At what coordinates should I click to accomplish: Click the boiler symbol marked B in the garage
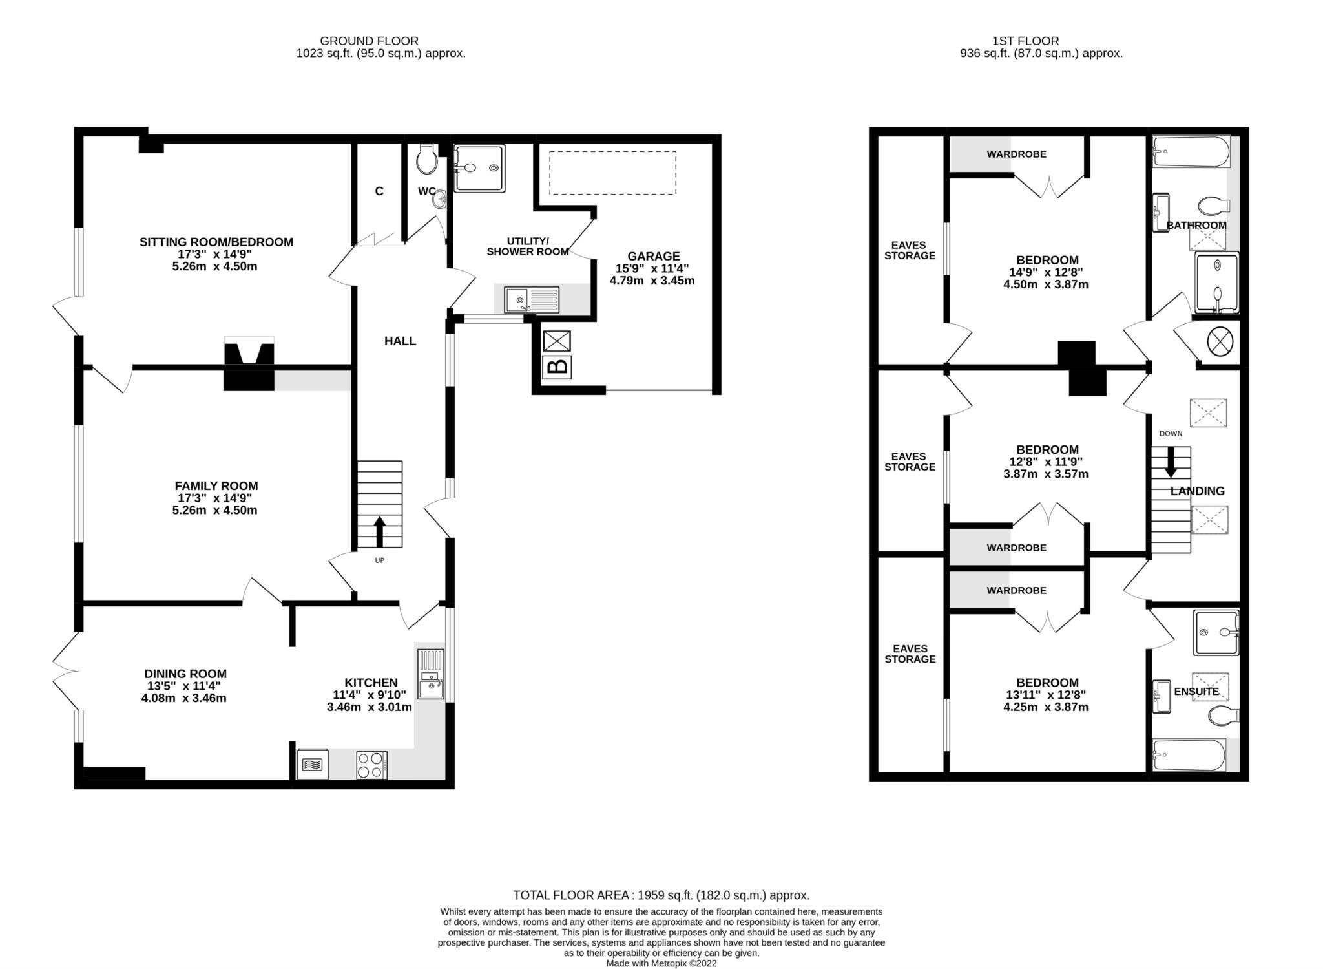[557, 367]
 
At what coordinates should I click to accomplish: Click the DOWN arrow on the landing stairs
[1170, 463]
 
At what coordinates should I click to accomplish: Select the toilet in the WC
[426, 160]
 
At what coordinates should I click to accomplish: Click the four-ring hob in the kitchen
[371, 765]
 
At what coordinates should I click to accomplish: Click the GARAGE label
[653, 256]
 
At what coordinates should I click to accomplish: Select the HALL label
[400, 341]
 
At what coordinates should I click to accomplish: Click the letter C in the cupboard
[379, 191]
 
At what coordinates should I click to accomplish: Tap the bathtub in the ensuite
[1189, 755]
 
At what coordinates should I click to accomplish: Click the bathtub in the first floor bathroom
[1189, 152]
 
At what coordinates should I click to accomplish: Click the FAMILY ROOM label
[216, 486]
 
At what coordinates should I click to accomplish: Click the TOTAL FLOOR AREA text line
[661, 895]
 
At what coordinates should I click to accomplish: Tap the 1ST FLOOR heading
[1041, 41]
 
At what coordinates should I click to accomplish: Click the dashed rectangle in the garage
[612, 173]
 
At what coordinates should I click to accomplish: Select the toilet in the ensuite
[1222, 715]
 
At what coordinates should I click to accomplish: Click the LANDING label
[1197, 491]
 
